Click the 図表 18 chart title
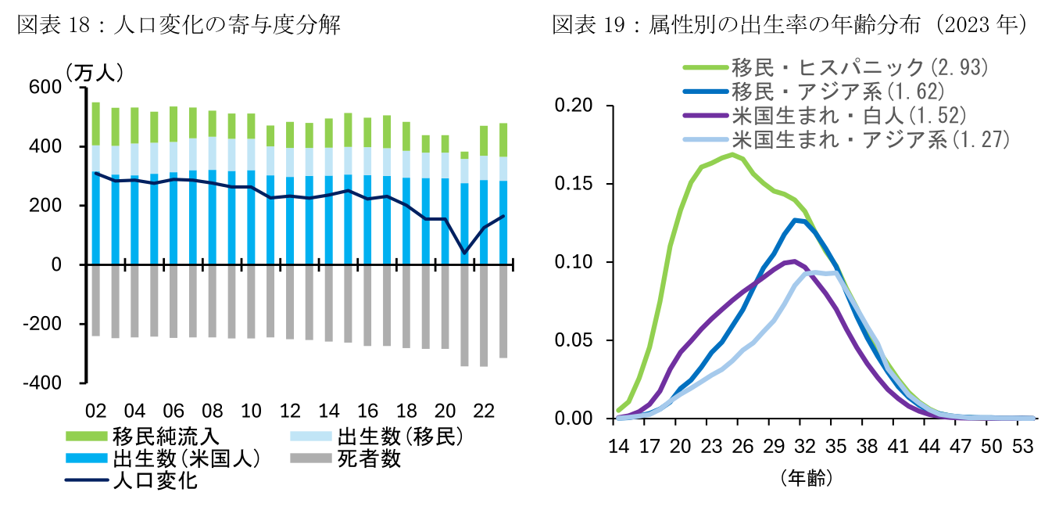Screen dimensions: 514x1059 click(178, 25)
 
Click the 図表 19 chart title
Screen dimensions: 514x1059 click(789, 25)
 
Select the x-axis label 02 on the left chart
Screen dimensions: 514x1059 click(96, 412)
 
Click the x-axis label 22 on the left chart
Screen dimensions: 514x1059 click(484, 412)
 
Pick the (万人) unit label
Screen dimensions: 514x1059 click(95, 73)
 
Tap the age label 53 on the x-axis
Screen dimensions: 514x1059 click(1021, 447)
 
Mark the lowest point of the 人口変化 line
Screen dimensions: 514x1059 click(465, 252)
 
